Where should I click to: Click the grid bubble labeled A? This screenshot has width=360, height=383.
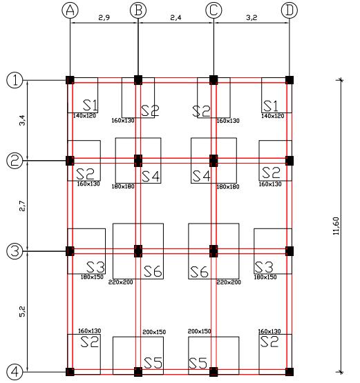pyautogui.click(x=70, y=10)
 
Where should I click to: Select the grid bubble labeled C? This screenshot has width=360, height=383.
pyautogui.click(x=214, y=10)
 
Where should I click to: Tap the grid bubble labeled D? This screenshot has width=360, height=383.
pyautogui.click(x=290, y=10)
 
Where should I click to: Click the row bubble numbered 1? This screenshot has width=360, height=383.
pyautogui.click(x=15, y=80)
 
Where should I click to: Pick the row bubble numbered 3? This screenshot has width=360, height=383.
pyautogui.click(x=15, y=251)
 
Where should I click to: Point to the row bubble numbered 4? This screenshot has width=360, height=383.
pyautogui.click(x=15, y=372)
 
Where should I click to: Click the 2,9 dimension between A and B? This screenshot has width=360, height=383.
pyautogui.click(x=104, y=17)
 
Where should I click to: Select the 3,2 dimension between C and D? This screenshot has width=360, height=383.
pyautogui.click(x=252, y=17)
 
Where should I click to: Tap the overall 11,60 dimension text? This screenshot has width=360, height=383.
pyautogui.click(x=337, y=226)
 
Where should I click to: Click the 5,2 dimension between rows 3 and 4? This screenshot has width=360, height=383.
pyautogui.click(x=22, y=312)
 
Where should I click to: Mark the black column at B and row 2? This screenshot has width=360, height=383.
pyautogui.click(x=138, y=161)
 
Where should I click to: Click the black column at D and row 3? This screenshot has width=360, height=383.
pyautogui.click(x=290, y=251)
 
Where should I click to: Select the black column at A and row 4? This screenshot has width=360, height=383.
pyautogui.click(x=70, y=372)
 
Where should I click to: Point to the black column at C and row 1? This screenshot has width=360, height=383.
pyautogui.click(x=214, y=80)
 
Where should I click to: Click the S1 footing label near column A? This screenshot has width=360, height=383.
pyautogui.click(x=91, y=106)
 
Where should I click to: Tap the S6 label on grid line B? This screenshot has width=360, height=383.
pyautogui.click(x=153, y=271)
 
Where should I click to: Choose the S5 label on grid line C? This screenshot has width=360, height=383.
pyautogui.click(x=198, y=363)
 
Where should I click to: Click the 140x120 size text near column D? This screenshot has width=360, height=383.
pyautogui.click(x=273, y=116)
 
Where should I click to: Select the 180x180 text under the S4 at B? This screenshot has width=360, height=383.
pyautogui.click(x=123, y=186)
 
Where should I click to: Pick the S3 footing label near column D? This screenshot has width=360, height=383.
pyautogui.click(x=264, y=267)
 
